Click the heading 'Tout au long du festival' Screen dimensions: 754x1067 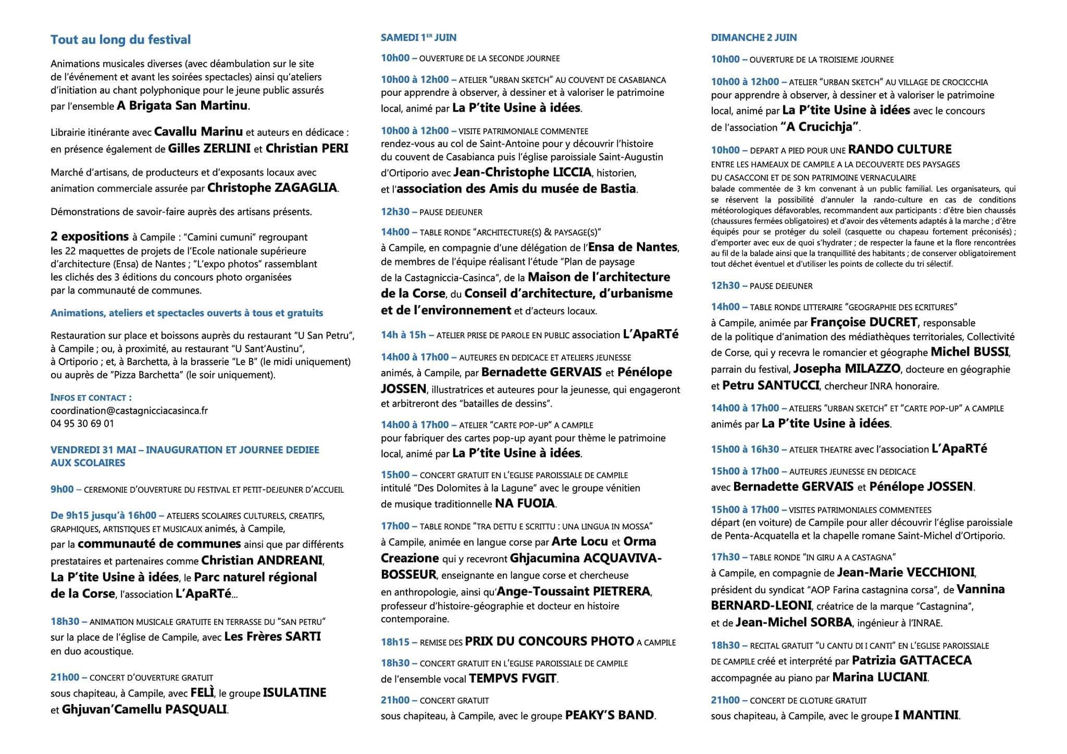pos(121,40)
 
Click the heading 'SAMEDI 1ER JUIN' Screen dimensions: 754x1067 pos(418,37)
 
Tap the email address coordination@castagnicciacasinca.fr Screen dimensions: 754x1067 pos(129,410)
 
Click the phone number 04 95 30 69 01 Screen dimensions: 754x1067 pos(82,423)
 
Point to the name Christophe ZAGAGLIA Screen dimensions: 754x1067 pos(272,188)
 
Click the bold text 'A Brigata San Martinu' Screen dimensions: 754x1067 pos(183,106)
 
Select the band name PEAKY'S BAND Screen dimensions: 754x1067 pos(609,715)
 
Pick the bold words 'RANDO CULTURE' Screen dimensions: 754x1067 pos(900,149)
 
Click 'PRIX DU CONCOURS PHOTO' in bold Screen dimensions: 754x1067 pos(549,642)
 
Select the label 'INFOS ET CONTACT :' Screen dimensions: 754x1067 pos(91,397)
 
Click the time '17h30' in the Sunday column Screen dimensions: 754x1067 pos(725,557)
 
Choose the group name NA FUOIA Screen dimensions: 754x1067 pos(525,504)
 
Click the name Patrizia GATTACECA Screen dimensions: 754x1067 pos(912,660)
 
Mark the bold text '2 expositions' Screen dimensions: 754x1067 pos(89,236)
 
